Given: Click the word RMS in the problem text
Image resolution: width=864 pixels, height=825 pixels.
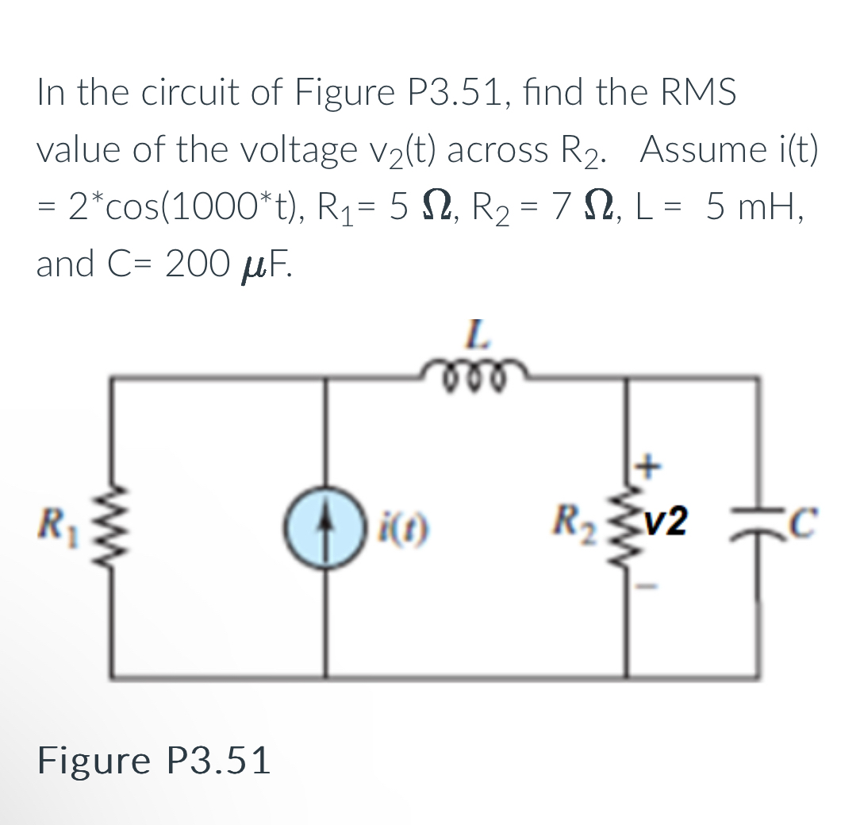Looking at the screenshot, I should pos(693,93).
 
